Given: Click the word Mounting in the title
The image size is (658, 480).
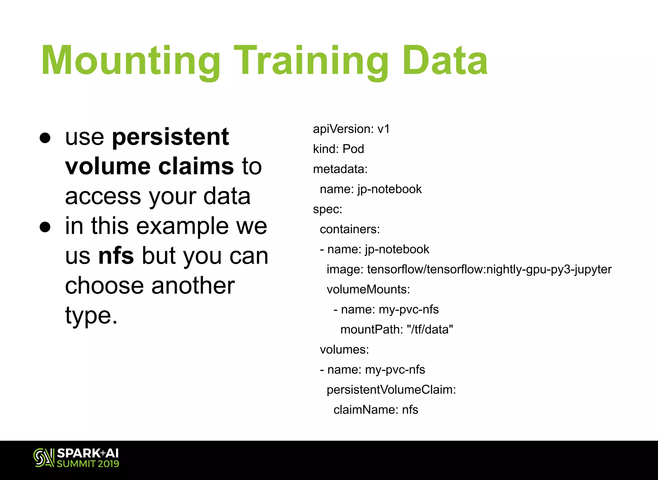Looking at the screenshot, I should click(130, 61).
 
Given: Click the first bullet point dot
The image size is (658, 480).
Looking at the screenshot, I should click(45, 138).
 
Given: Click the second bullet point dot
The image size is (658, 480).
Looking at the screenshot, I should click(45, 227).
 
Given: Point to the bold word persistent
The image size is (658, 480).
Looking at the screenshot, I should click(170, 137).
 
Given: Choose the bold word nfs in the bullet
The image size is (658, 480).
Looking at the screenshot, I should click(116, 256).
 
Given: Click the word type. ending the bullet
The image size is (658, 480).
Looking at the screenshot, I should click(91, 315).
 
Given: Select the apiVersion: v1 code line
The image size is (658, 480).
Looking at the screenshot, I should click(351, 129).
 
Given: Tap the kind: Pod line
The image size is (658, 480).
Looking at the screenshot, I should click(338, 149).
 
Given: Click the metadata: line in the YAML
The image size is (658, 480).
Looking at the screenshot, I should click(340, 169).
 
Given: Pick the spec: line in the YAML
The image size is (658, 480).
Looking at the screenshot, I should click(327, 209).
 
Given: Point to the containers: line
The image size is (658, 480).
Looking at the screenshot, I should click(350, 229).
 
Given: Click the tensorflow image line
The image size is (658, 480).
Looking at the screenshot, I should click(469, 269).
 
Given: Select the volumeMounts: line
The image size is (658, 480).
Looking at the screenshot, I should click(368, 289).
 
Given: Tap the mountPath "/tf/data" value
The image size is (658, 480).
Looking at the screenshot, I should click(430, 330).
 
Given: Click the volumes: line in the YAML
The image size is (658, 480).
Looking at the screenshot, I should click(344, 349).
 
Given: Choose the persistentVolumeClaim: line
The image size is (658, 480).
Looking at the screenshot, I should click(391, 390).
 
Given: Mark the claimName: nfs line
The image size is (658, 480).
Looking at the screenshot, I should click(376, 410).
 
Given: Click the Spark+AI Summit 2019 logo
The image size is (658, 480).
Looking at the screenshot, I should click(76, 457).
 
